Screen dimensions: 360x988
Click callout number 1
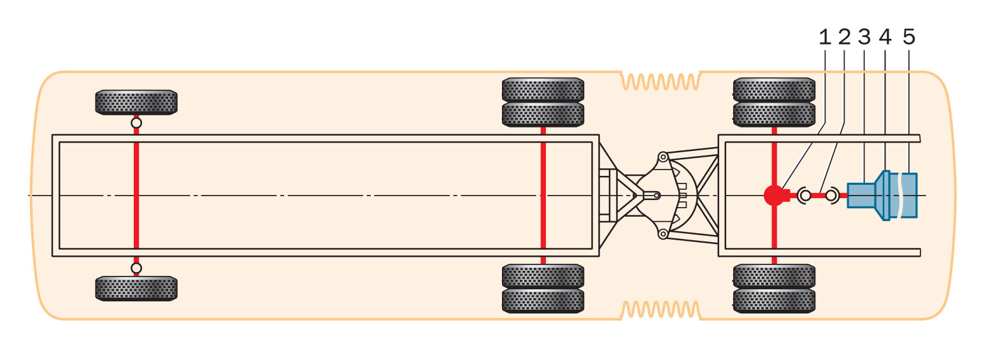825,38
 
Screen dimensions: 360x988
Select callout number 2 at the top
845,38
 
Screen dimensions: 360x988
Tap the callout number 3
864,38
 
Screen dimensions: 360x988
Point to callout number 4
885,38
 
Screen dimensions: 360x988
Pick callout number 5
909,38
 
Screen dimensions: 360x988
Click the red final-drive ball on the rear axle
773,195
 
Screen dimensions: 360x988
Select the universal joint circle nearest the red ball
805,196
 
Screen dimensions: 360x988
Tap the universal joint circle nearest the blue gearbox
831,196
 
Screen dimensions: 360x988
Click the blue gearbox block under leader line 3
861,195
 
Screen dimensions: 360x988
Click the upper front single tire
136,102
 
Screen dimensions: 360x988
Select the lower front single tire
136,289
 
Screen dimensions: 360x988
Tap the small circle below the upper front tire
136,123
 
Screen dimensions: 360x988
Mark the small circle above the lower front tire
136,268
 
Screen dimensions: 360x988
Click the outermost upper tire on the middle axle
543,89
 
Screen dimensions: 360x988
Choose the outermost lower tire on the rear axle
774,301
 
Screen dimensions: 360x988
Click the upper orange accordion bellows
660,82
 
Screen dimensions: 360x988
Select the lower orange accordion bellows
660,310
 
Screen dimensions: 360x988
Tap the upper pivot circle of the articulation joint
663,157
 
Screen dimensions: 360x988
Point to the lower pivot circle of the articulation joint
663,234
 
